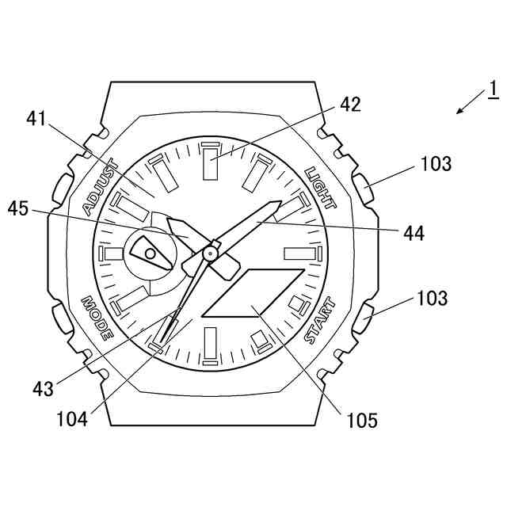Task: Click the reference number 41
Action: (x=37, y=119)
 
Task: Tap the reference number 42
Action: (x=350, y=105)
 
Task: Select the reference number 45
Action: (x=19, y=209)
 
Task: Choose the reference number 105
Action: (x=361, y=419)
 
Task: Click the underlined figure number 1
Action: (x=491, y=88)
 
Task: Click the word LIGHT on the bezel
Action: (x=321, y=188)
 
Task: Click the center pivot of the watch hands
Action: (x=210, y=253)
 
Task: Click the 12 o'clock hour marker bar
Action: (x=210, y=162)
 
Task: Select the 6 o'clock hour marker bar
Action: (x=210, y=345)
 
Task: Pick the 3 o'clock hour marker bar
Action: (x=300, y=253)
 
